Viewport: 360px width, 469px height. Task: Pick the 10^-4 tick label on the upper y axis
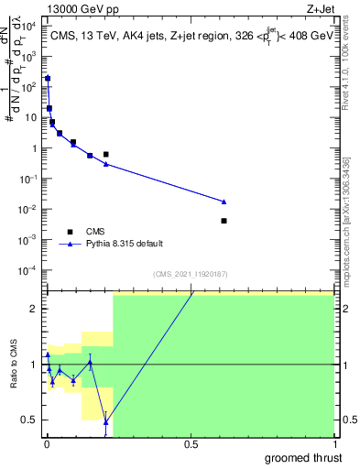30,270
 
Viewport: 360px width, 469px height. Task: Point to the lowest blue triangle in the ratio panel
106,421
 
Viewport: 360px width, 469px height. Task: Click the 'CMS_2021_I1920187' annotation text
191,274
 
